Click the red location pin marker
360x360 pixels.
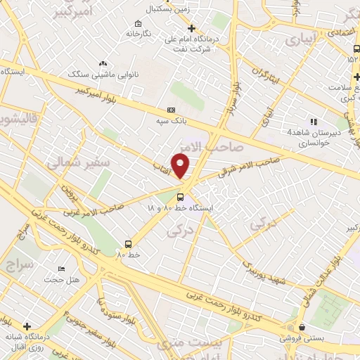point(181,165)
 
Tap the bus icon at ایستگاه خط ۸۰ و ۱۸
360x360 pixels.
point(181,197)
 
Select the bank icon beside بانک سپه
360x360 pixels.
point(172,110)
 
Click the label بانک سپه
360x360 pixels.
point(172,121)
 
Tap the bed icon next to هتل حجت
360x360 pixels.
point(62,269)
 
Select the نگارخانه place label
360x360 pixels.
point(139,33)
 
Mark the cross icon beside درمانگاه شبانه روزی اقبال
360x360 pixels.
point(27,326)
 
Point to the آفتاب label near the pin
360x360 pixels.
point(165,163)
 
